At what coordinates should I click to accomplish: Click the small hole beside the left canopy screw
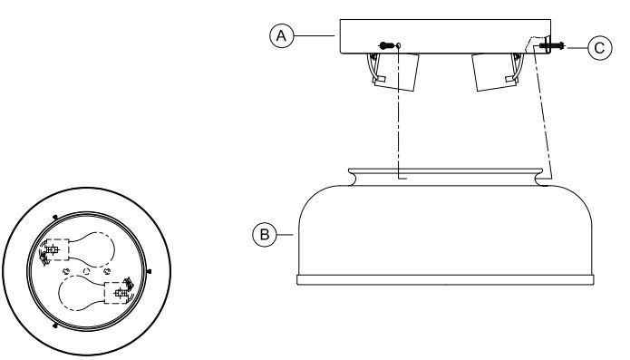point(399,45)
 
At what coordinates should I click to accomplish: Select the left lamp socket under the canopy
point(395,71)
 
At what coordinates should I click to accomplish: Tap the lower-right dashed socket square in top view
point(115,293)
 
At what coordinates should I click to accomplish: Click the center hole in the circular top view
point(85,270)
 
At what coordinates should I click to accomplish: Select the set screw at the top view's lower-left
point(55,325)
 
